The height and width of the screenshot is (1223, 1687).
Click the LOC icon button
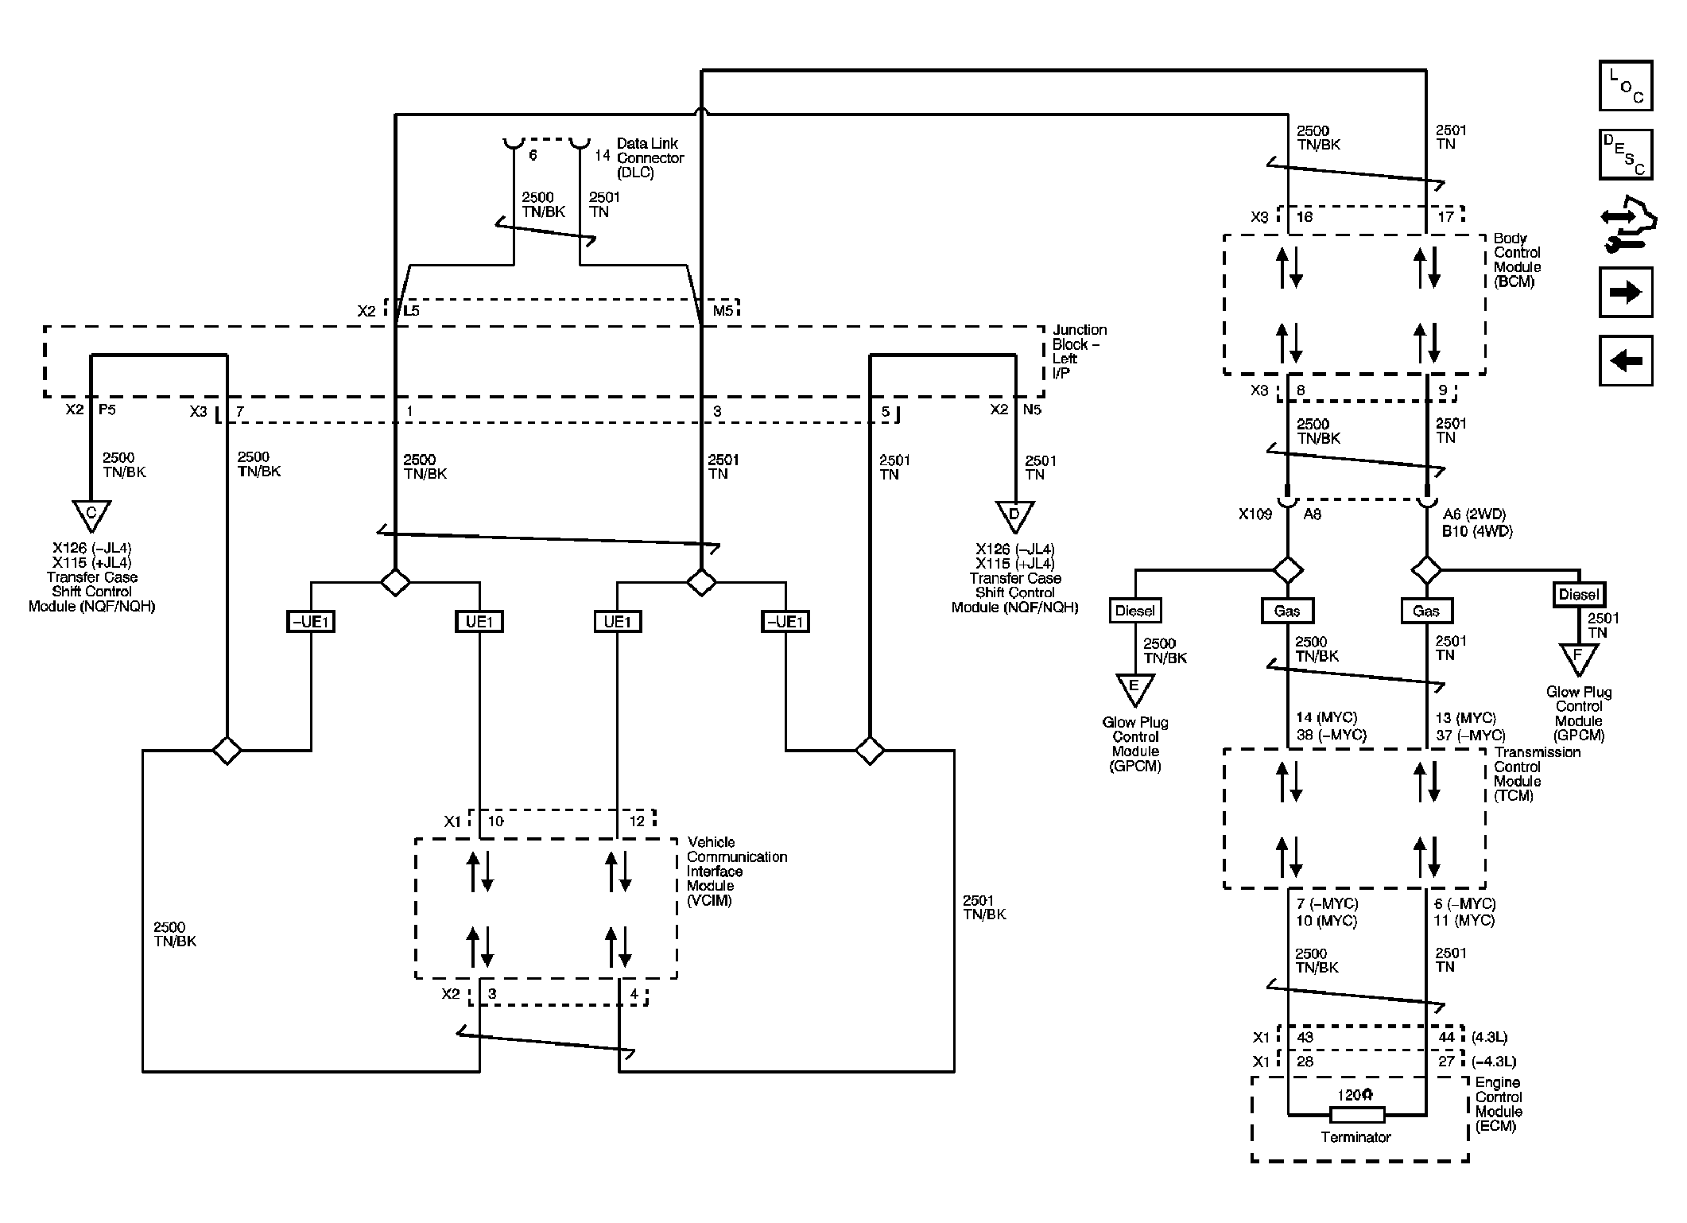coord(1626,85)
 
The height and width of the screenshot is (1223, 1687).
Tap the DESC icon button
coord(1626,154)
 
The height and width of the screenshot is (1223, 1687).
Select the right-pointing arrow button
coord(1626,292)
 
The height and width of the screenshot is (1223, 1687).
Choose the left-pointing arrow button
coord(1626,361)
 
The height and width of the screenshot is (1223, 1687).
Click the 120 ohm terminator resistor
coord(1357,1115)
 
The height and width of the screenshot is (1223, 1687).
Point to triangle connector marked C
coord(91,515)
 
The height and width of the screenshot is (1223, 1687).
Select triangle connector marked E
coord(1134,689)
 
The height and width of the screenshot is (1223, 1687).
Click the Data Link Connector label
coord(650,157)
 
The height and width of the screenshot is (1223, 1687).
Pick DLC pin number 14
coord(602,155)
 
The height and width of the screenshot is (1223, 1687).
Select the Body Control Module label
coord(1517,260)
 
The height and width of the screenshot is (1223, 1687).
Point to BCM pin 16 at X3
coord(1305,217)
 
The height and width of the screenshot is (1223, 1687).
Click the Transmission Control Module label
coord(1537,774)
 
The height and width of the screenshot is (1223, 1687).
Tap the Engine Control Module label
coord(1499,1105)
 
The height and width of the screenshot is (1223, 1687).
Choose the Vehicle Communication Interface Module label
coord(737,872)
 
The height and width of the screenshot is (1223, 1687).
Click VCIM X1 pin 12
coord(637,821)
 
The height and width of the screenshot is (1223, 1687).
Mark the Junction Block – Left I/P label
coord(1079,351)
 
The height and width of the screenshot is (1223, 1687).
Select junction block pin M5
coord(723,311)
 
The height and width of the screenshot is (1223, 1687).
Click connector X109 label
coord(1255,514)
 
